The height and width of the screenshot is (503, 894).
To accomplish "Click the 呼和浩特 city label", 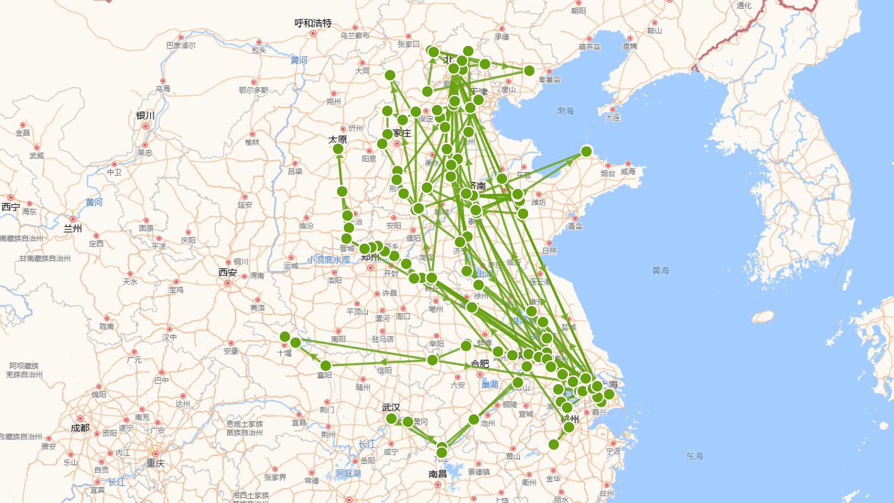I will (x=313, y=23).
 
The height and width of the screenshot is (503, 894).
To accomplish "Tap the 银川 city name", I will (x=145, y=116).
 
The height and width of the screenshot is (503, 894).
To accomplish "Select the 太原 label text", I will (x=338, y=140).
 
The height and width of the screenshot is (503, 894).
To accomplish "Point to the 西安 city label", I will (x=228, y=273).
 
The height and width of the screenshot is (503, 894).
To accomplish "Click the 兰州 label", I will (x=73, y=228).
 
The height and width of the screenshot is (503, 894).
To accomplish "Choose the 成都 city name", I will (x=80, y=428).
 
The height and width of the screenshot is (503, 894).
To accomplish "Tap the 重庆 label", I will (x=155, y=463).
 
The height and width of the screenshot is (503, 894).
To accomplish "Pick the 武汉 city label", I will (x=391, y=407).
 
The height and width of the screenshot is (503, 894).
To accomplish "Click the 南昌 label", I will (x=438, y=473).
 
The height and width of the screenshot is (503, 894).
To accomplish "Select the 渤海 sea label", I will (x=565, y=111).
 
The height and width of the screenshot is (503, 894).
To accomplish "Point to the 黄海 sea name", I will (x=661, y=270).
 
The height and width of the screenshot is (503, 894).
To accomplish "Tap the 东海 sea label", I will (x=695, y=456).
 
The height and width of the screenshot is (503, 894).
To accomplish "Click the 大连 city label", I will (x=612, y=118).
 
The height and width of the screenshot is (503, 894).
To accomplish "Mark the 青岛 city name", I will (x=575, y=226).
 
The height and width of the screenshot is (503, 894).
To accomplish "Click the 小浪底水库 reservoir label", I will (x=329, y=260).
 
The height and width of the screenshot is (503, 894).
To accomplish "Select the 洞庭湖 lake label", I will (x=348, y=473).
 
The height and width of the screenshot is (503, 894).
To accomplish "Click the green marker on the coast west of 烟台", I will (x=586, y=151).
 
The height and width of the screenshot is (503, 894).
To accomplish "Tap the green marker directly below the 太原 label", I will (x=338, y=149).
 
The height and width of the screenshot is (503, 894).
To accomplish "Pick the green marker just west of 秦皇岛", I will (x=529, y=70).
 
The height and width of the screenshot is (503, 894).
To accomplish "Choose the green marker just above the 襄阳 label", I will (x=326, y=365).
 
